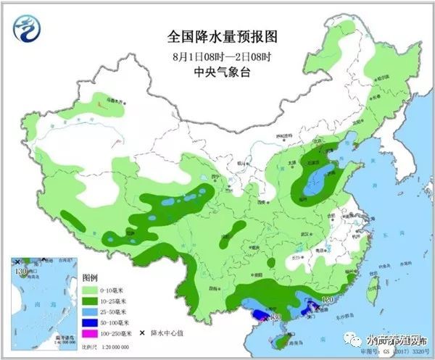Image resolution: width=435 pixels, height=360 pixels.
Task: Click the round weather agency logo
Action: click(27, 28)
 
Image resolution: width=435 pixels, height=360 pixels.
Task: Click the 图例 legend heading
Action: click(91, 277)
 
